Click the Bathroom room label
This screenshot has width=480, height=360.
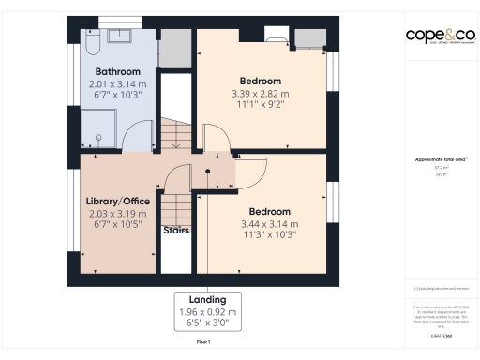[117, 71]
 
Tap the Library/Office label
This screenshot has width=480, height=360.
[117, 202]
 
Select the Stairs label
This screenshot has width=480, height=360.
[176, 229]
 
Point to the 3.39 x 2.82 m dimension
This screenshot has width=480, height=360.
[261, 94]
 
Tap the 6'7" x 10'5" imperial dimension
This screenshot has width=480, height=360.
[117, 226]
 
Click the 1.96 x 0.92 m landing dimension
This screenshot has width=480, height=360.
[208, 311]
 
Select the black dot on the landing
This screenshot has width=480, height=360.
[208, 172]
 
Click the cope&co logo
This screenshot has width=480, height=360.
[441, 36]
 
